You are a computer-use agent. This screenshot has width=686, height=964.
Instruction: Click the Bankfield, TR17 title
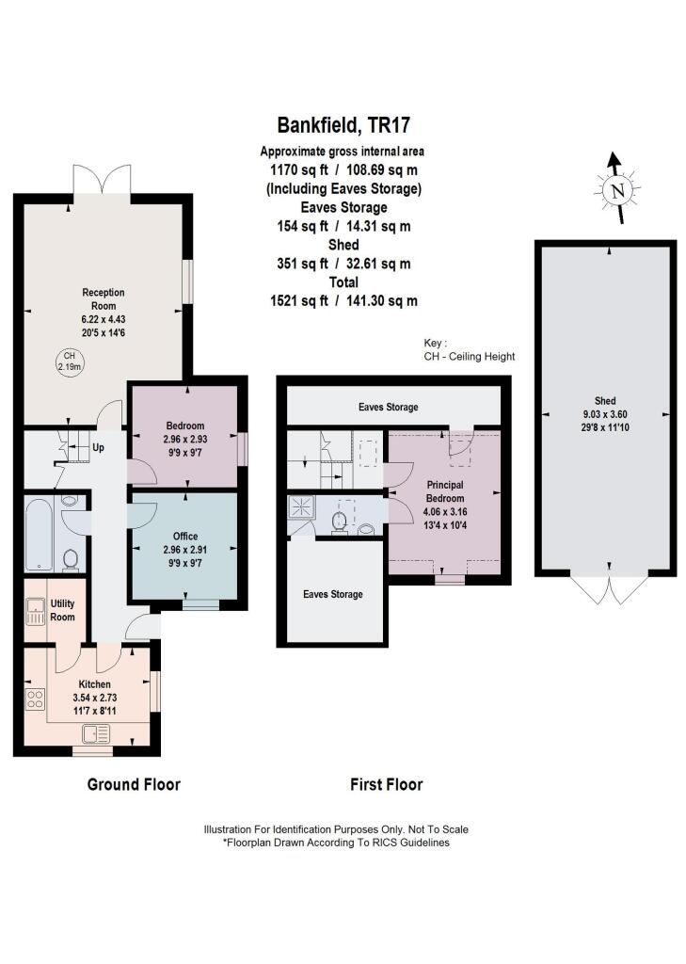tap(343, 125)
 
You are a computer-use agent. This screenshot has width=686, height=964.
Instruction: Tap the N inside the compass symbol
tap(617, 190)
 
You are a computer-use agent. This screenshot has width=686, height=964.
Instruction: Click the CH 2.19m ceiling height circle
tap(70, 361)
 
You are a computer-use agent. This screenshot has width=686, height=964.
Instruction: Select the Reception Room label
tap(104, 298)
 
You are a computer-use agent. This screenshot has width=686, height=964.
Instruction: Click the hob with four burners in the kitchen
tap(35, 699)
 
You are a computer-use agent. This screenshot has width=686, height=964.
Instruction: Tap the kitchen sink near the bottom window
tap(96, 733)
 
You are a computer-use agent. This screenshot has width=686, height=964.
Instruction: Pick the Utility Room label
tap(62, 610)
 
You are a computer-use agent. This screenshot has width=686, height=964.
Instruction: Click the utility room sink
tap(36, 610)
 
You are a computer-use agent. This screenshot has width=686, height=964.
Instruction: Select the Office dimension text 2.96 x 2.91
tap(185, 550)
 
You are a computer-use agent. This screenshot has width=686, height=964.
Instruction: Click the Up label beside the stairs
tap(98, 447)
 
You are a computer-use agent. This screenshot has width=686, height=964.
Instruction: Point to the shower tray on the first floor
tap(302, 507)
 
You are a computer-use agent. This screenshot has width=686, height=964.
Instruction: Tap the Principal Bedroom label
tap(445, 491)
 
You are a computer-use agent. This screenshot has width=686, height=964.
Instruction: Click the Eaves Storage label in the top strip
tap(388, 407)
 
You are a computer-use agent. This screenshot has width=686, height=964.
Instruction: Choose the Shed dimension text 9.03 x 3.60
tap(605, 414)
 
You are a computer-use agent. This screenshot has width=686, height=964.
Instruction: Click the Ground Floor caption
tap(134, 784)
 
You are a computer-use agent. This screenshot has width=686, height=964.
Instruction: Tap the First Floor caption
tap(386, 784)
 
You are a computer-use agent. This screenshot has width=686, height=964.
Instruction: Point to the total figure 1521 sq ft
tap(298, 300)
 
